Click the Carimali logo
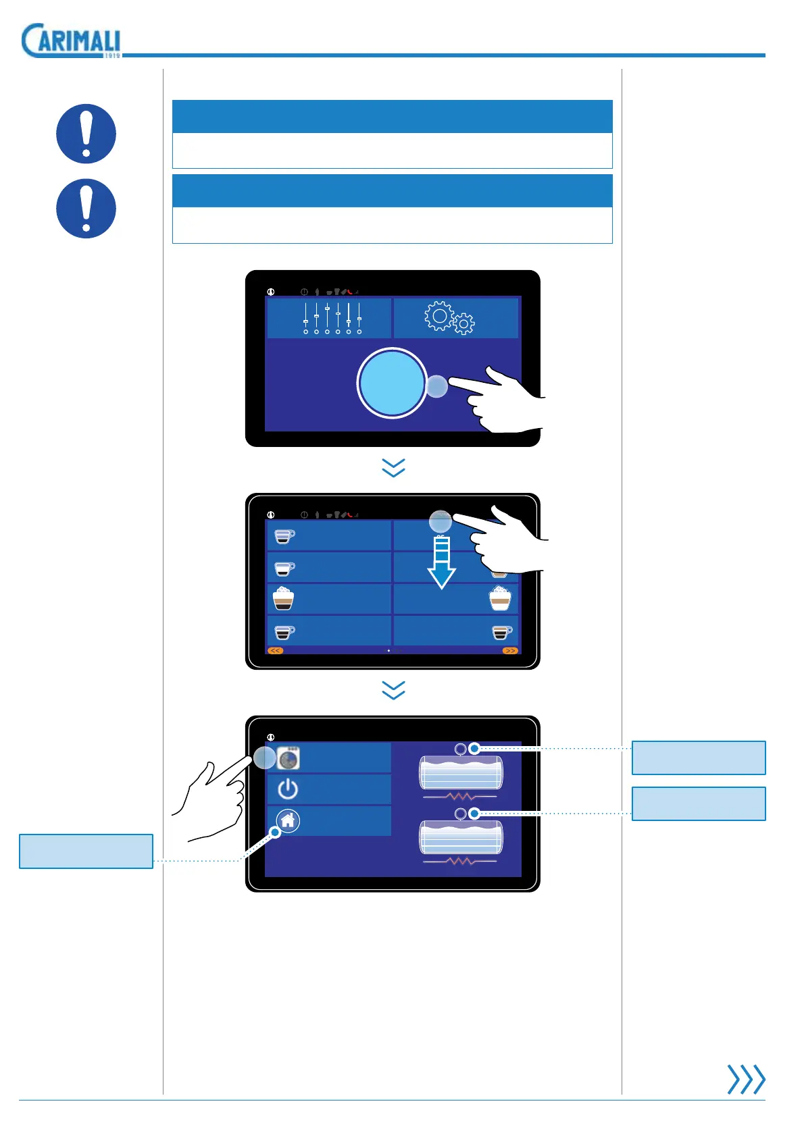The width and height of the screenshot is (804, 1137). [x=71, y=41]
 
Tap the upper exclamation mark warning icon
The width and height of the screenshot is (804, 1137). [x=86, y=134]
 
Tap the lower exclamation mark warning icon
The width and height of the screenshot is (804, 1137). [x=86, y=209]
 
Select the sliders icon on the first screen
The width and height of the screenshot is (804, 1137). [x=332, y=318]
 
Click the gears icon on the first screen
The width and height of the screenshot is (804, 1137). [x=449, y=317]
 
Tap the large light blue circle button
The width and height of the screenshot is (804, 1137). [x=392, y=383]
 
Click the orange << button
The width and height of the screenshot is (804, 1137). [x=276, y=651]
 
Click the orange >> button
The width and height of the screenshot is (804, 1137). [x=510, y=651]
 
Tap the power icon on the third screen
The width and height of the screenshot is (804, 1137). [x=288, y=789]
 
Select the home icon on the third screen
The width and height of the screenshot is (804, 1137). [x=288, y=820]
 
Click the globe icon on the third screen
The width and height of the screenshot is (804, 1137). [x=288, y=758]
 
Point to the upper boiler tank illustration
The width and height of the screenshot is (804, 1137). [x=461, y=773]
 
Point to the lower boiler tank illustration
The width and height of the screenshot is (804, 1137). [x=461, y=838]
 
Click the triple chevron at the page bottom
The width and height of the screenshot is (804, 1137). [x=746, y=1079]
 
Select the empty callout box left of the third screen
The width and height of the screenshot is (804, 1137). [x=86, y=851]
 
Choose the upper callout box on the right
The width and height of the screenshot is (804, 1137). [x=699, y=758]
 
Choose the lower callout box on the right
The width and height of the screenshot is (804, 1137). [x=699, y=803]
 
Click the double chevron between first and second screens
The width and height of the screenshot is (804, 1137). [x=393, y=468]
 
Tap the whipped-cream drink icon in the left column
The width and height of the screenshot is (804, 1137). [x=283, y=598]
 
